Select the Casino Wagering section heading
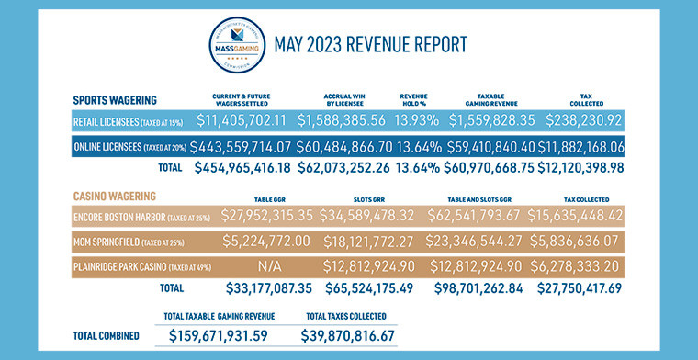115,196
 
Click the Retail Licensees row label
128,120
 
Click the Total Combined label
106,336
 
